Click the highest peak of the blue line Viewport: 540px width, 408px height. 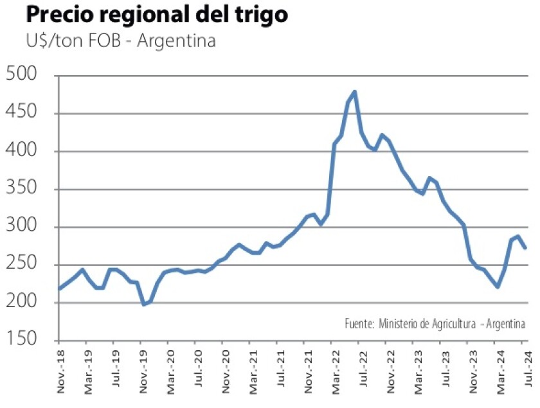[355, 93]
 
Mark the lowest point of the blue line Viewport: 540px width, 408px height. [143, 304]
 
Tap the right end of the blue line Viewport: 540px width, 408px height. [525, 247]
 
